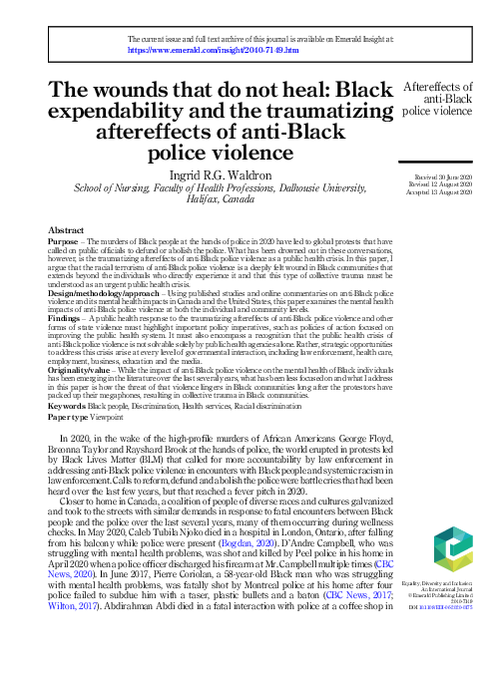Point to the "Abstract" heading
point(65,230)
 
